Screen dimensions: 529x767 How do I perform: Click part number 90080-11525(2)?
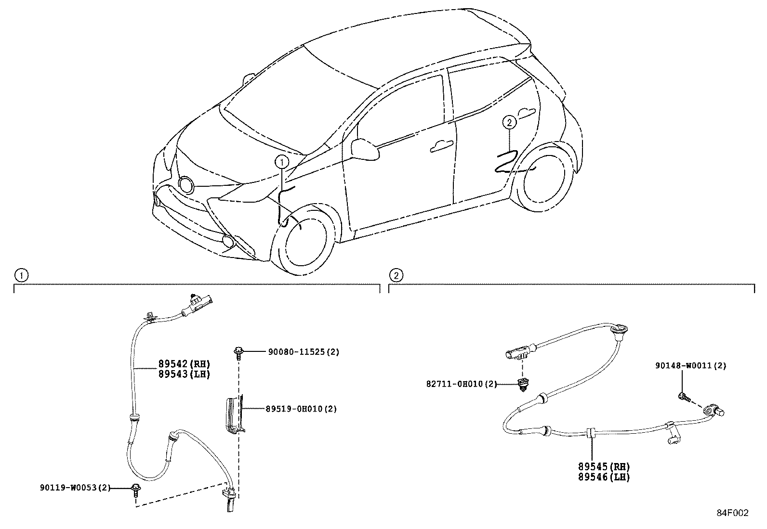304,352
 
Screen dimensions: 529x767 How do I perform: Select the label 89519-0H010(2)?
301,409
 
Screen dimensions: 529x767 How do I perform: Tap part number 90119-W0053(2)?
75,488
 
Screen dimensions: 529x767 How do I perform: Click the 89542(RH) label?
185,364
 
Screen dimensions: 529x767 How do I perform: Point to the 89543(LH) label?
185,374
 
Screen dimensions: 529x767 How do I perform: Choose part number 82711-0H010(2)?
461,384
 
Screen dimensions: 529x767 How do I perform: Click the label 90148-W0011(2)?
690,366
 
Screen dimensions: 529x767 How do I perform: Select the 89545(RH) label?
604,466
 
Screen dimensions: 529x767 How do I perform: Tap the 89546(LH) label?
604,477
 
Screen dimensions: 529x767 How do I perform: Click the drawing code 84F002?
732,513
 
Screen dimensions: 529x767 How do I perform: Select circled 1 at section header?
20,275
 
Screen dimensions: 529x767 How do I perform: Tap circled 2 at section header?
396,275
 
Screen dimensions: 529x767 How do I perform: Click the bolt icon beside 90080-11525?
238,353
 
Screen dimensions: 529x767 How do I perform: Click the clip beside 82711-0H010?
521,385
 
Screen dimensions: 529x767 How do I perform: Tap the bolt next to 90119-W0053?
136,490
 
